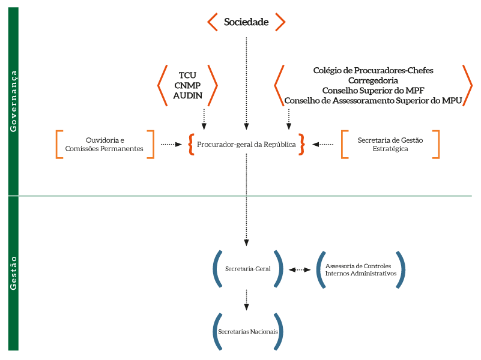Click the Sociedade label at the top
246,22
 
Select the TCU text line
187,76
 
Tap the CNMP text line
187,85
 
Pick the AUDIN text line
187,95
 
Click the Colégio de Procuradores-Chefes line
373,70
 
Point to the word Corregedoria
373,80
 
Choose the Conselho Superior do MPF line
373,91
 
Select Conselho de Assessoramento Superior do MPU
373,101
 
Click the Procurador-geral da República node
246,144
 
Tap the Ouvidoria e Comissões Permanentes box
105,144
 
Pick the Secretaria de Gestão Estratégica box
390,144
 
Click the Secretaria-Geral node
247,269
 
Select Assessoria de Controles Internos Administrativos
360,269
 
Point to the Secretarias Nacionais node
247,331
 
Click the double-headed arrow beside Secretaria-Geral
299,270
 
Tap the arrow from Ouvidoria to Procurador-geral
171,144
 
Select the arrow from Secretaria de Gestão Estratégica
323,144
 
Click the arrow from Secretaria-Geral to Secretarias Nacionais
247,299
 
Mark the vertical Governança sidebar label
13,100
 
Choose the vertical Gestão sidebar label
13,273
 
